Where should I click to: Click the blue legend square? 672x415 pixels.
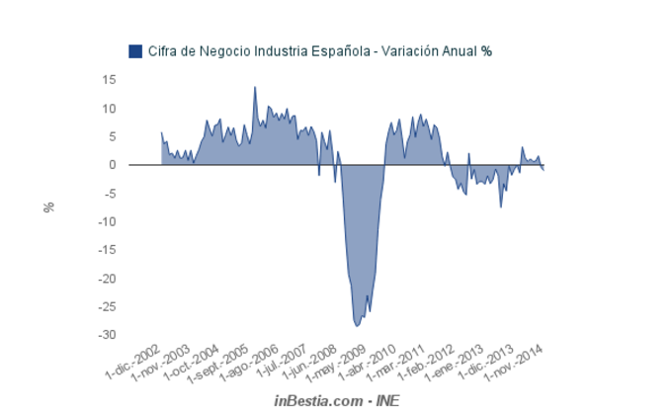135,51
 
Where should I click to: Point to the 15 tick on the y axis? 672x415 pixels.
109,79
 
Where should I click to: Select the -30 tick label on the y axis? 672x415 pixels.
106,335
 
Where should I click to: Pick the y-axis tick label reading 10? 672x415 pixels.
109,108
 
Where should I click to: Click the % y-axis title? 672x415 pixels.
48,207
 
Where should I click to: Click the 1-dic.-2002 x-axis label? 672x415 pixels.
133,363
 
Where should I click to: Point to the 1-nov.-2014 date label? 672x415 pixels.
518,363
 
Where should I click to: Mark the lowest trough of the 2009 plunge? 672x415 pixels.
358,325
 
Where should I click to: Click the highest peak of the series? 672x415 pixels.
255,87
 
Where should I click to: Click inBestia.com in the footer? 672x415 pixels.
317,401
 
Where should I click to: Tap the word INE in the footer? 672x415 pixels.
386,401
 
